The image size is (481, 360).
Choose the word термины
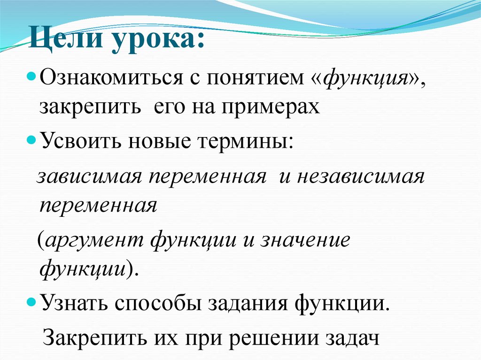pyautogui.click(x=247, y=141)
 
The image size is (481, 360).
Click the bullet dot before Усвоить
pyautogui.click(x=31, y=140)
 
